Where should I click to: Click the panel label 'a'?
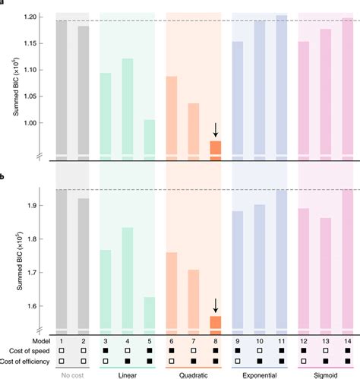tap(4, 3)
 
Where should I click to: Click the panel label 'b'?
tap(4, 178)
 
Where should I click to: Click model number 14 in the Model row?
tap(347, 343)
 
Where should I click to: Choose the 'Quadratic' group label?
tap(194, 374)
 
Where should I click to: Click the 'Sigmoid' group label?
tap(325, 374)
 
